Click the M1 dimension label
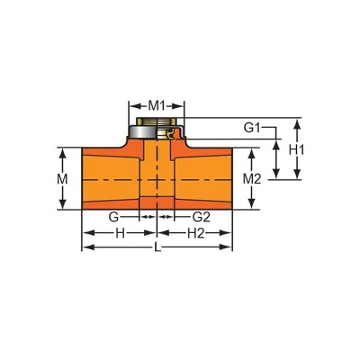156,106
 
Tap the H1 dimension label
297,150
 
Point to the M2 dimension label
252,179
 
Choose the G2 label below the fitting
201,217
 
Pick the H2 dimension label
196,233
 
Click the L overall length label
158,248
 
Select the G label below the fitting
114,217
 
